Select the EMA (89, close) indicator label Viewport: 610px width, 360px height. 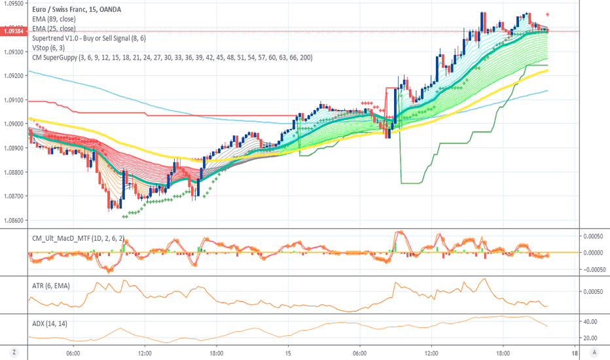[x=54, y=19]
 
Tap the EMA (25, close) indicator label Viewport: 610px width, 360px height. [x=54, y=29]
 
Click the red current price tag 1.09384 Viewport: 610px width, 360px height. [x=13, y=31]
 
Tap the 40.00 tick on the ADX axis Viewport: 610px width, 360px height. [x=591, y=321]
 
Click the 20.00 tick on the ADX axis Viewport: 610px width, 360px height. [x=591, y=338]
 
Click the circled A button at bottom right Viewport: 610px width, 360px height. [x=594, y=351]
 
